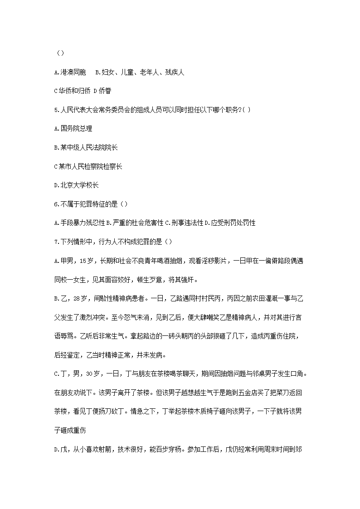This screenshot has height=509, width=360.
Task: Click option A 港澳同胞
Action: [x=70, y=73]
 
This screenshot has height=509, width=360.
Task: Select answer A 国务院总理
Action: [x=73, y=129]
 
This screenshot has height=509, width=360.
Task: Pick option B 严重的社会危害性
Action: [x=135, y=223]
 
